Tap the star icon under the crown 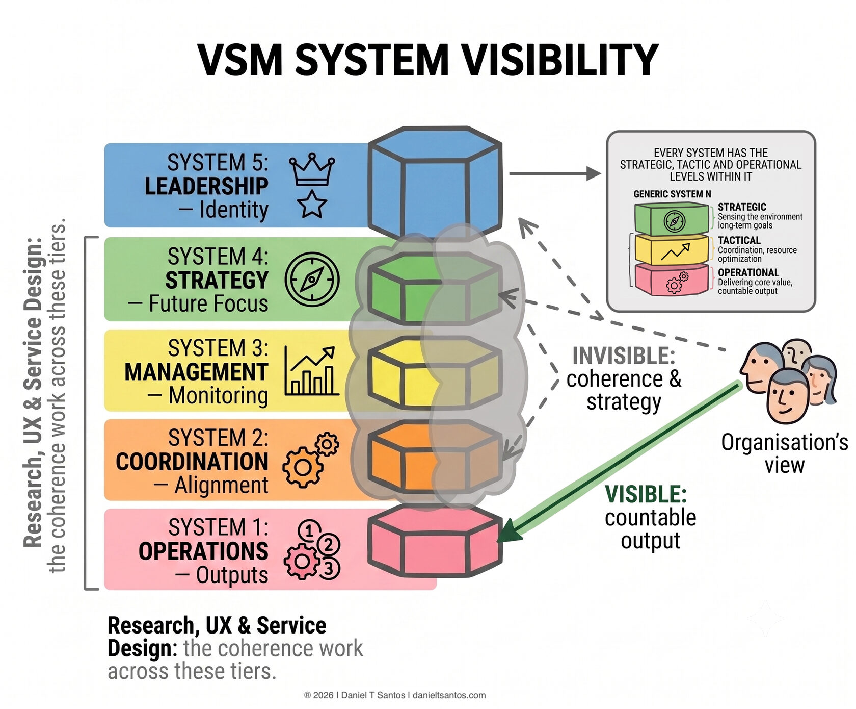point(312,205)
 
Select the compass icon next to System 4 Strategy point(312,280)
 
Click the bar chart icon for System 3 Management point(311,371)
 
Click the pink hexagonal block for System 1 point(435,542)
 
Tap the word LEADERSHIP point(206,186)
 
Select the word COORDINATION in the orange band point(192,462)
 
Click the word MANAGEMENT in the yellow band point(196,372)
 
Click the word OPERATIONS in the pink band point(203,551)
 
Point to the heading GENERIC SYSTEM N point(672,194)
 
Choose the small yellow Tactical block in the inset point(672,250)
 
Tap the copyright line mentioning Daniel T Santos point(395,695)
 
